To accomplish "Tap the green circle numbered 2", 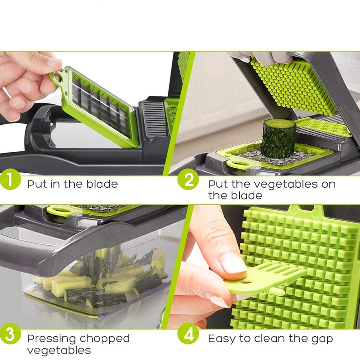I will pyautogui.click(x=188, y=181).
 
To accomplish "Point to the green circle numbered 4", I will pyautogui.click(x=188, y=335).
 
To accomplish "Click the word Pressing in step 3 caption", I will pyautogui.click(x=51, y=339).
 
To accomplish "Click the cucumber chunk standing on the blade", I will pyautogui.click(x=278, y=138).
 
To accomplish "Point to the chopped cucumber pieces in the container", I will pyautogui.click(x=100, y=280).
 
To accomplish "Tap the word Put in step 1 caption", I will pyautogui.click(x=36, y=184).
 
